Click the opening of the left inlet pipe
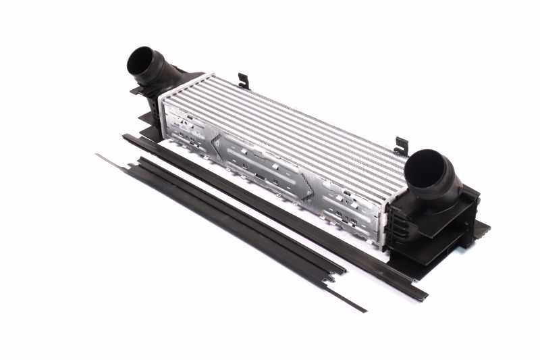(141, 61)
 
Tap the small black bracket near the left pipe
(244, 81)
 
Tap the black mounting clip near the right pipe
(402, 145)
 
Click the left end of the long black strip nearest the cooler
(126, 138)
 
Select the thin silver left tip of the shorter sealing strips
(100, 157)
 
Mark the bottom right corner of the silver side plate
(383, 244)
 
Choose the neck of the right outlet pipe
(449, 186)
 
